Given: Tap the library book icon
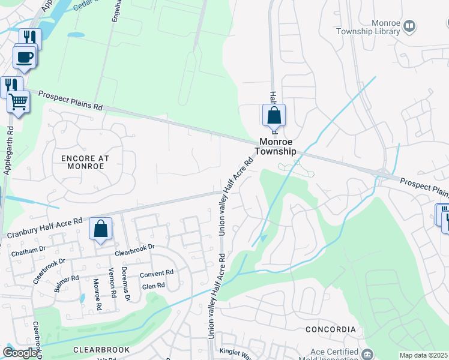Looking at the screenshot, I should click(x=409, y=26).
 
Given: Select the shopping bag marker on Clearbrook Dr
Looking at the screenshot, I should click(x=101, y=229).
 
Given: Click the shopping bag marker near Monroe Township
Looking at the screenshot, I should click(x=274, y=115).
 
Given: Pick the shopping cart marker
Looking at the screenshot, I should click(x=19, y=102).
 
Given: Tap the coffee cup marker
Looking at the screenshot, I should click(x=25, y=57).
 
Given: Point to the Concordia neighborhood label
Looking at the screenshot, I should click(x=330, y=329).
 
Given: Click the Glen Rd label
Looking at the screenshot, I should click(x=153, y=286).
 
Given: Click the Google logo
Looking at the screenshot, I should click(x=20, y=353).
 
